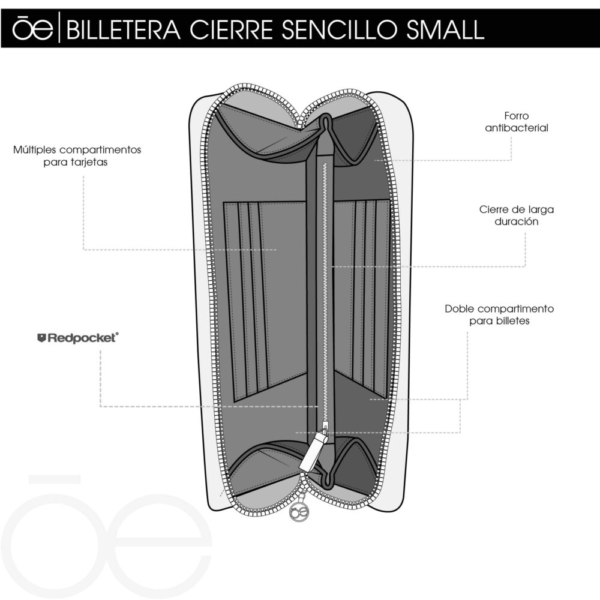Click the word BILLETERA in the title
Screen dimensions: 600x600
tap(123, 29)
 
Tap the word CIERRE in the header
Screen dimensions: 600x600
tap(231, 29)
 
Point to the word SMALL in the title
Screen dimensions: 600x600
tap(445, 29)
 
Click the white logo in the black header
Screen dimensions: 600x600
tap(32, 28)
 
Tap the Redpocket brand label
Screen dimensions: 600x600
tap(78, 338)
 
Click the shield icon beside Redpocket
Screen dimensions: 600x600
tap(42, 338)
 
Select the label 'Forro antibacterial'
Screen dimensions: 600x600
tap(517, 122)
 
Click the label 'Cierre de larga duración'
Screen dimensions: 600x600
tap(517, 215)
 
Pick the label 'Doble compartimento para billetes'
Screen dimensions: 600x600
tap(499, 314)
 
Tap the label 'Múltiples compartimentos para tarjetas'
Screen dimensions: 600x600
tap(77, 156)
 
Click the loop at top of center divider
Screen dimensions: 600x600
tap(325, 122)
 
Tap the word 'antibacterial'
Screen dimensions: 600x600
tap(517, 128)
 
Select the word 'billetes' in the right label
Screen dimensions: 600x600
tap(513, 320)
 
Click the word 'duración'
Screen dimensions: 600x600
tap(517, 221)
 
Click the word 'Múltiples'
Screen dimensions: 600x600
tap(35, 149)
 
